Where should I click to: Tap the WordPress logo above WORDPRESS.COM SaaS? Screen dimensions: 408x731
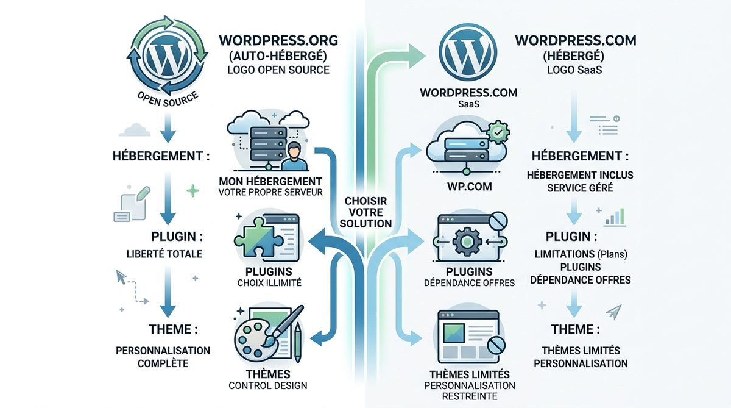tap(468, 51)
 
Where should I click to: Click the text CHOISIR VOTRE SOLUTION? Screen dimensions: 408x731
tap(365, 212)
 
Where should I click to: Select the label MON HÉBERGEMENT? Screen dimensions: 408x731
tap(270, 181)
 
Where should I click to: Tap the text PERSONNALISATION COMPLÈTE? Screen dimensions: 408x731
tap(163, 357)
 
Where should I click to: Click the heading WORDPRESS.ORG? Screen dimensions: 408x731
tap(278, 41)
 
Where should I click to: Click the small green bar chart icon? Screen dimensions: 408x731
tap(616, 216)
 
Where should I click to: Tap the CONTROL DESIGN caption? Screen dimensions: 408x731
tap(268, 385)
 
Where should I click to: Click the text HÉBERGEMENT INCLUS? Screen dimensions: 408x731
tap(580, 175)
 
